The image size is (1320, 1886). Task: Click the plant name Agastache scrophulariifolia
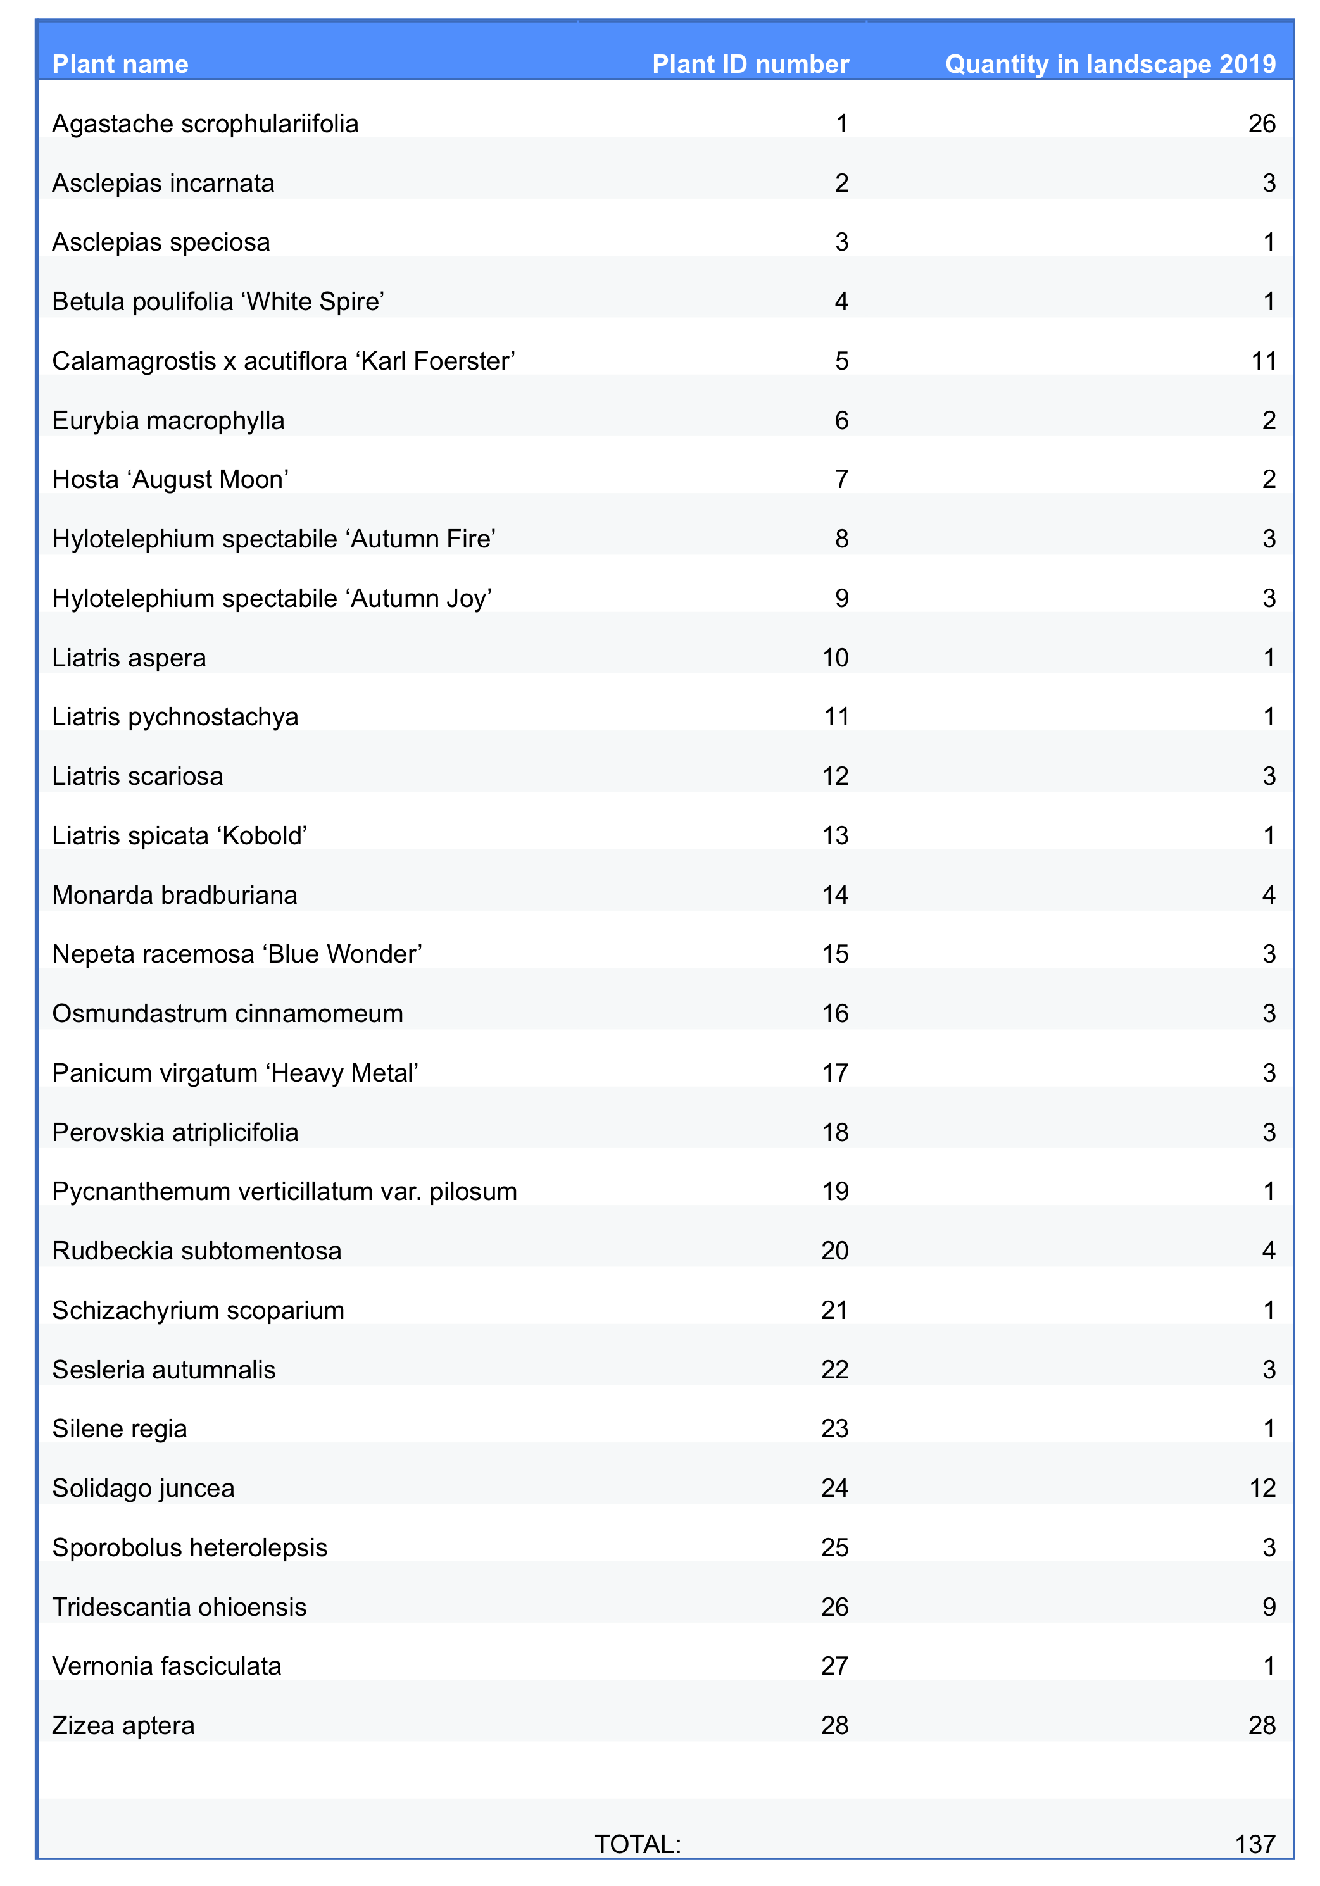(x=206, y=124)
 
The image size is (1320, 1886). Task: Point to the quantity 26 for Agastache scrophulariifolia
(x=1261, y=124)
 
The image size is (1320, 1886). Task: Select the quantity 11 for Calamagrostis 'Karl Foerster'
(x=1262, y=361)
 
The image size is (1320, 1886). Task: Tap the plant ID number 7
(x=841, y=480)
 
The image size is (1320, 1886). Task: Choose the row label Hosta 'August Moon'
(x=170, y=480)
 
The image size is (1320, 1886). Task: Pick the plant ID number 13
(x=834, y=835)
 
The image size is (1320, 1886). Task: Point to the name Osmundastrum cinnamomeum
(x=228, y=1014)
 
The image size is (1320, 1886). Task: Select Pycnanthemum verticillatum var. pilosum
(x=284, y=1191)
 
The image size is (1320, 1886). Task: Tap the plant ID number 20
(x=834, y=1251)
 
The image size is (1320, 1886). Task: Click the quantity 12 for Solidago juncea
(x=1262, y=1489)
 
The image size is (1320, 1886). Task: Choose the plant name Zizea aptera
(x=123, y=1726)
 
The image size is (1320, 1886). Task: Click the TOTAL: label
(x=638, y=1844)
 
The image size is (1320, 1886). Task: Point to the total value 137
(x=1254, y=1844)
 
